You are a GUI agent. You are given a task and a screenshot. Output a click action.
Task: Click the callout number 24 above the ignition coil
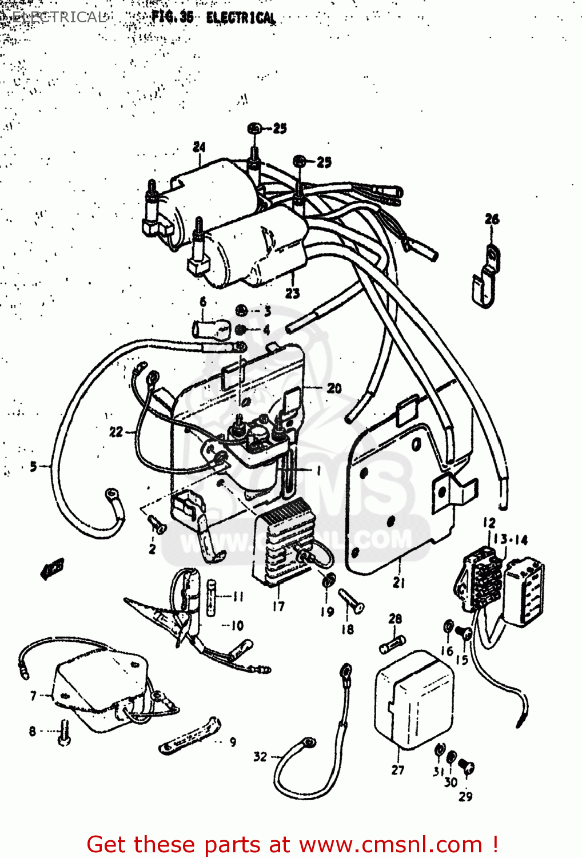(199, 147)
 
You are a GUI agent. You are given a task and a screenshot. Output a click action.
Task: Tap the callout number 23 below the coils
(292, 293)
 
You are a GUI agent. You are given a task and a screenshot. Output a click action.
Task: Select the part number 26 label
(492, 219)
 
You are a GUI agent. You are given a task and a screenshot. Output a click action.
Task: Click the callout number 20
(334, 388)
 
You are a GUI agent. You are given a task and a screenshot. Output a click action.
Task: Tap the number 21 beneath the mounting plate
(399, 583)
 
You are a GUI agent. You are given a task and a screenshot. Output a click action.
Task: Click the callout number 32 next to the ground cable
(260, 757)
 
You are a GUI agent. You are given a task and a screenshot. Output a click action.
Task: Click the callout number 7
(33, 696)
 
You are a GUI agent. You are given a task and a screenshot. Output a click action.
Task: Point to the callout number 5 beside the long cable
(33, 467)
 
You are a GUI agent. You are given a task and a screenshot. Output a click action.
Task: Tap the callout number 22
(116, 432)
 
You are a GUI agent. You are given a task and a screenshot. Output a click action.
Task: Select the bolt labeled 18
(351, 601)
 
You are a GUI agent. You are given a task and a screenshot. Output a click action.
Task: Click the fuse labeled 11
(212, 597)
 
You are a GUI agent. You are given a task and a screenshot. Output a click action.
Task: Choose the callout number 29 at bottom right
(465, 796)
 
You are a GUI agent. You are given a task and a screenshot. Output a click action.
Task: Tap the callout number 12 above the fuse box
(489, 523)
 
